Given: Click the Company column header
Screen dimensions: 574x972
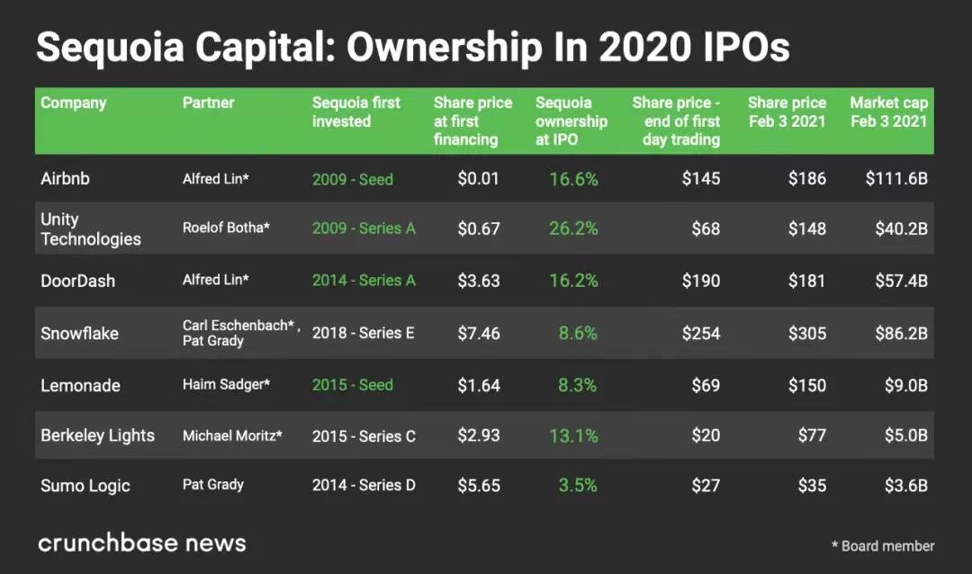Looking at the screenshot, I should [x=73, y=103].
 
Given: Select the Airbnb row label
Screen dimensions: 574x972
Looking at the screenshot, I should [x=65, y=178].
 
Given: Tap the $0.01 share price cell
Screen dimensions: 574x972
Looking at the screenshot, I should [x=478, y=178].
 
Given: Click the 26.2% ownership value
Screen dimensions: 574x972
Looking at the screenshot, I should [x=573, y=229].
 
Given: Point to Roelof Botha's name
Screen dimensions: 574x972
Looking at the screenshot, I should [x=226, y=229].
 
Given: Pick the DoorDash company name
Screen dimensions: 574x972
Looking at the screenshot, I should [x=77, y=281].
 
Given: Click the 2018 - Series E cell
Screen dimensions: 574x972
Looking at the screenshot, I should [x=364, y=333].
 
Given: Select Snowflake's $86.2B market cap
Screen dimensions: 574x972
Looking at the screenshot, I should [x=901, y=333].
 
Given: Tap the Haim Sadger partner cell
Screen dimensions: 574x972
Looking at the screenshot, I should [x=226, y=385].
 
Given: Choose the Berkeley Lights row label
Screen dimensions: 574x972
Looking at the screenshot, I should [x=97, y=435].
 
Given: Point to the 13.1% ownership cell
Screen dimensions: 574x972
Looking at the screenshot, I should [x=573, y=435].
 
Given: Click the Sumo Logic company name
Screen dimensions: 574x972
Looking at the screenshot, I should [x=85, y=486].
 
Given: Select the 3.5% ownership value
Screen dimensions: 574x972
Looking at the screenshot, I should [x=577, y=486].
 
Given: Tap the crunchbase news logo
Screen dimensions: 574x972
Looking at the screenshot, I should [x=141, y=543].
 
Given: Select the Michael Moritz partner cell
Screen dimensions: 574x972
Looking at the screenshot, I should [x=232, y=435].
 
